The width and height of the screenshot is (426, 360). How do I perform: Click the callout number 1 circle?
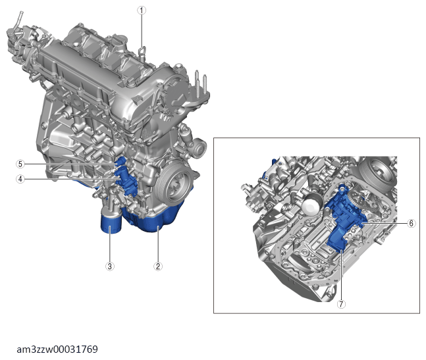[x=142, y=11]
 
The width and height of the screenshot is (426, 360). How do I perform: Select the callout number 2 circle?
[x=158, y=266]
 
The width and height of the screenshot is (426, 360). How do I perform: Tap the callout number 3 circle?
[x=110, y=266]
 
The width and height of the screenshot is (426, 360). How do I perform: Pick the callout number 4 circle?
[x=20, y=179]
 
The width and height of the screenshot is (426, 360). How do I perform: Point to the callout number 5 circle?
[x=20, y=164]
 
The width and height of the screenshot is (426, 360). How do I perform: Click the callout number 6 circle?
[x=412, y=223]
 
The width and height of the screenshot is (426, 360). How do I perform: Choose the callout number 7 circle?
[x=341, y=304]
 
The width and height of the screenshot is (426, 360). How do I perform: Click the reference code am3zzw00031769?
[x=57, y=349]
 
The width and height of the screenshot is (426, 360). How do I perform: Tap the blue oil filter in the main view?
[x=111, y=222]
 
